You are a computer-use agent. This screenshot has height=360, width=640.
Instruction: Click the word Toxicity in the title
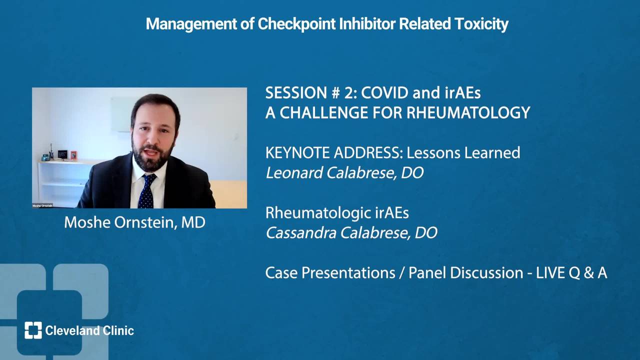pyautogui.click(x=481, y=24)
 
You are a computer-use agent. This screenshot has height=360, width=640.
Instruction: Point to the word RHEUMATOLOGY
pyautogui.click(x=468, y=112)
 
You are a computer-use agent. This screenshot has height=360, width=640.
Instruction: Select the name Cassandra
pyautogui.click(x=301, y=233)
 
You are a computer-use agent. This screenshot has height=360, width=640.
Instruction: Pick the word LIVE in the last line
pyautogui.click(x=550, y=273)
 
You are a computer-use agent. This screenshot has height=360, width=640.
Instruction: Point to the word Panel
pyautogui.click(x=427, y=273)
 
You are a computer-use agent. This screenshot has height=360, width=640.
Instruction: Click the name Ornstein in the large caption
pyautogui.click(x=144, y=222)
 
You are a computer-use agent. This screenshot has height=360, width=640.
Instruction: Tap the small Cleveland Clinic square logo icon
pyautogui.click(x=33, y=330)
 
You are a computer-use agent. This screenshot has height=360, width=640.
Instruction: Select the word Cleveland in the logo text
pyautogui.click(x=72, y=330)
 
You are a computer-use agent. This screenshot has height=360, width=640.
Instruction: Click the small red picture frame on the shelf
pyautogui.click(x=73, y=155)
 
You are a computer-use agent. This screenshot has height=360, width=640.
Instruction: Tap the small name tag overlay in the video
pyautogui.click(x=42, y=205)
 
